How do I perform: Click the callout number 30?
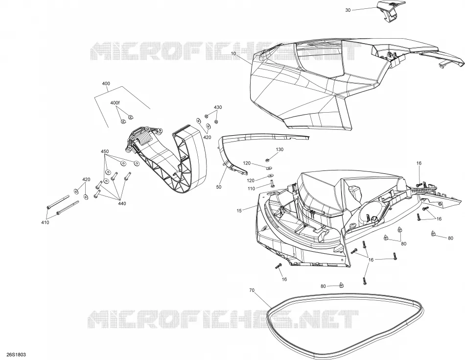click(348, 10)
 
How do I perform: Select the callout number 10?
click(233, 54)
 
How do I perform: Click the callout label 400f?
click(115, 103)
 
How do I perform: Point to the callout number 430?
click(218, 107)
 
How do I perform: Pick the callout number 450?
click(105, 151)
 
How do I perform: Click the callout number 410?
click(45, 222)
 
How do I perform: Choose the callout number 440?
click(122, 203)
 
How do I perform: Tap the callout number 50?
click(219, 187)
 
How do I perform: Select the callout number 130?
click(279, 149)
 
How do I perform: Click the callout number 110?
click(251, 189)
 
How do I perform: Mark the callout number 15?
click(239, 211)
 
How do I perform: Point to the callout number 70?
click(252, 290)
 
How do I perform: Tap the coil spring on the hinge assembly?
click(145, 138)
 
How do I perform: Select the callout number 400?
click(106, 84)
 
